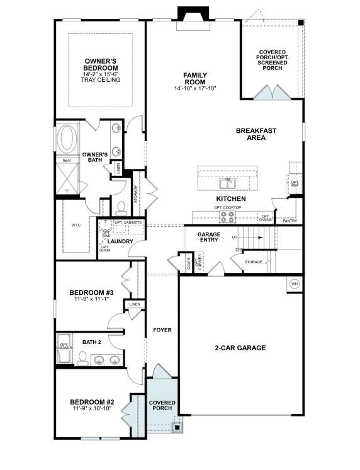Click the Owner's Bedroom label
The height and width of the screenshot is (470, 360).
[101, 64]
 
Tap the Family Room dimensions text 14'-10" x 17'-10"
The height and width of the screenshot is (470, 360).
[194, 89]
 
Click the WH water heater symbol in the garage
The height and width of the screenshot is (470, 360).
[294, 284]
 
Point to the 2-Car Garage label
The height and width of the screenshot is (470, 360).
[240, 348]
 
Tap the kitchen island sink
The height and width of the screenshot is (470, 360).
[227, 183]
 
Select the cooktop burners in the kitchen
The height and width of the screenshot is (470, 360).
[227, 217]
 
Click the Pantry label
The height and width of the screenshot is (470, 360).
[290, 221]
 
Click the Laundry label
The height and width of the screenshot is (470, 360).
[119, 241]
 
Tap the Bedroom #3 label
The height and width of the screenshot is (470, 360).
[91, 292]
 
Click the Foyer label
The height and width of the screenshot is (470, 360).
[162, 330]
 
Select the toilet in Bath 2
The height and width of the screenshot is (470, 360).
[82, 358]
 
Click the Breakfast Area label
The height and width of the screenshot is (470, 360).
[256, 134]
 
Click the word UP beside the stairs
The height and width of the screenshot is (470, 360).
[235, 238]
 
